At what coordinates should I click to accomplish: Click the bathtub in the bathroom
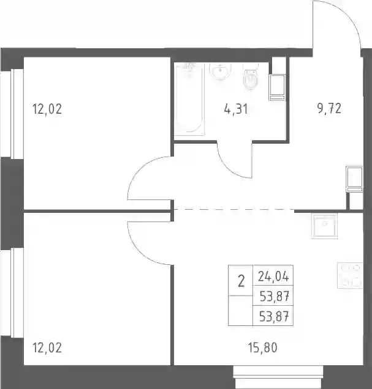[189, 99]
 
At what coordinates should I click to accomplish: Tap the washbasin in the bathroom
[220, 72]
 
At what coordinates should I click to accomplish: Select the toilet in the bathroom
[251, 76]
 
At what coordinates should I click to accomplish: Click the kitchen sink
[324, 226]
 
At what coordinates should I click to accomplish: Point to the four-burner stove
[350, 275]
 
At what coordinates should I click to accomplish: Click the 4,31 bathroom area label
[236, 109]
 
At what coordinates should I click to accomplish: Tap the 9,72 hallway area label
[329, 109]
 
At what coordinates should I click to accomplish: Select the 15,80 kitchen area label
[262, 347]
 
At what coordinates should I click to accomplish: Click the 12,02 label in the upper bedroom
[47, 109]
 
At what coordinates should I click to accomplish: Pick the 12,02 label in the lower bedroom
[47, 347]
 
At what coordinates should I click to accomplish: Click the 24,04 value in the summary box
[273, 276]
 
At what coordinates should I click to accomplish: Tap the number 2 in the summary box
[241, 281]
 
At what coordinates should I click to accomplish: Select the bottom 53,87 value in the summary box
[274, 317]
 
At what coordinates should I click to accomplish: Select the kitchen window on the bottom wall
[278, 377]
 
